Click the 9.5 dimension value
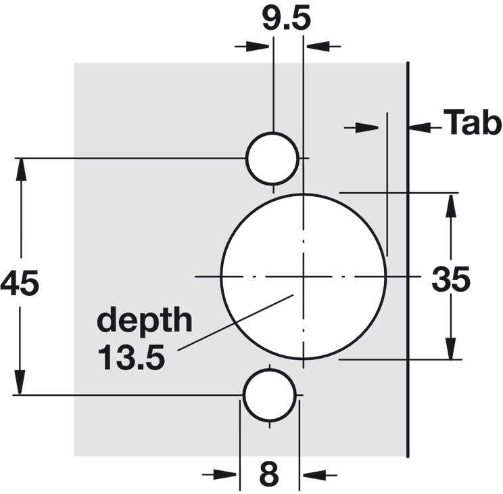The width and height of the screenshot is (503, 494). [x=287, y=19]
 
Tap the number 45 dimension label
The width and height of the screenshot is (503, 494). [x=20, y=283]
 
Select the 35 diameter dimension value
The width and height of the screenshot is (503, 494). [x=451, y=279]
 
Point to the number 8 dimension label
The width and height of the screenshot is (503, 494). [x=269, y=474]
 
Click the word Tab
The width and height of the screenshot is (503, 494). [x=472, y=122]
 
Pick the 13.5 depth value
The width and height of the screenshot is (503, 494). [x=131, y=357]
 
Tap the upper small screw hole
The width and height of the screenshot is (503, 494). [x=272, y=158]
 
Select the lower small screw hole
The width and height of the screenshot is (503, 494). [x=270, y=395]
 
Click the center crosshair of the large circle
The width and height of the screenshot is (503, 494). [x=304, y=276]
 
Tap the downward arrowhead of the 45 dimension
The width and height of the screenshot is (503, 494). [x=20, y=382]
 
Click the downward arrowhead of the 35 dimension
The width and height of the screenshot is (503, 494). [x=451, y=349]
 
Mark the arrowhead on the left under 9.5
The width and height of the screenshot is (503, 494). [x=258, y=46]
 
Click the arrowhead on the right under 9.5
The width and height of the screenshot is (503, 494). [x=318, y=46]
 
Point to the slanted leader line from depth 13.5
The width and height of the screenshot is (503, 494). [x=236, y=322]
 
